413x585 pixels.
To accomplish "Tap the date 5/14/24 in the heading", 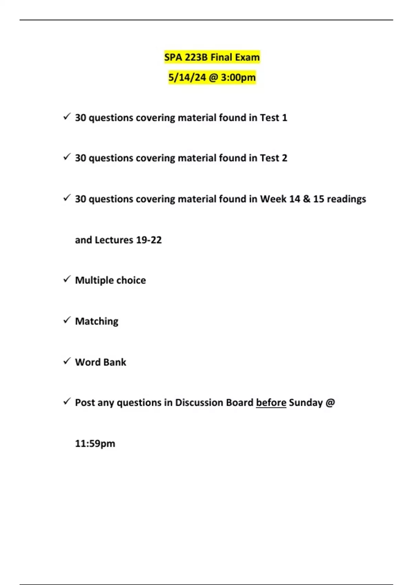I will (187, 77).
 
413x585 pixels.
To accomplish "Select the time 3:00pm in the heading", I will (238, 77).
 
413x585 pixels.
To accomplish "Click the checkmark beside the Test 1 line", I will (67, 117).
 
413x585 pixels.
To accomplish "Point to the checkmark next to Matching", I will (67, 320).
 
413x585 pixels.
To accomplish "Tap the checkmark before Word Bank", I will (67, 361).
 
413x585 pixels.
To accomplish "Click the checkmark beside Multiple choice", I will (67, 279).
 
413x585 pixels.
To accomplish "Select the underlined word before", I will (271, 403).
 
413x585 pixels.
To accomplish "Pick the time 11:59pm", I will (95, 444).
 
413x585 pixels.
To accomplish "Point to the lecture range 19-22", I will (149, 240).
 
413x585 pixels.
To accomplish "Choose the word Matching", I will (97, 321).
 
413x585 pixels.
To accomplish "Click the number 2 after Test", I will (284, 158).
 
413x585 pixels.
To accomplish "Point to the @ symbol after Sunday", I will (330, 403).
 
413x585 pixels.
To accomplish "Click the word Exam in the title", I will (247, 57).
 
